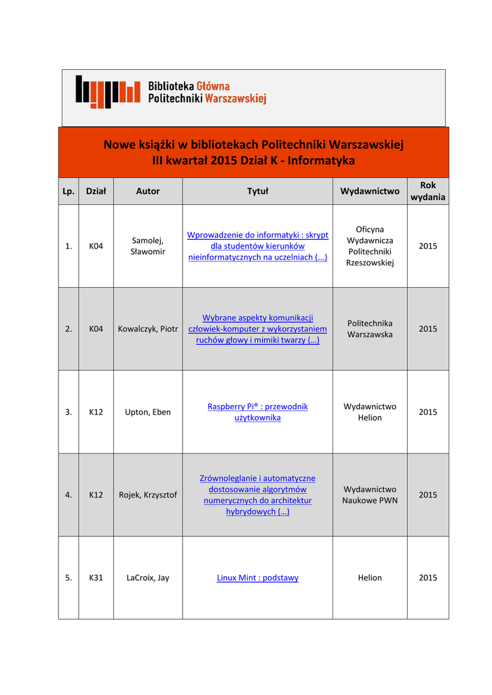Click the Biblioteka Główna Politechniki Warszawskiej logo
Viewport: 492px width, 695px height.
pyautogui.click(x=170, y=92)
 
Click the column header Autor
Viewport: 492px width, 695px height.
pyautogui.click(x=147, y=191)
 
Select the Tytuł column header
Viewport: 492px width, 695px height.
pyautogui.click(x=257, y=191)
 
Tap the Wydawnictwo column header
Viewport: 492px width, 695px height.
pyautogui.click(x=369, y=191)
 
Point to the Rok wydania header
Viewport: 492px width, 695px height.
pyautogui.click(x=428, y=191)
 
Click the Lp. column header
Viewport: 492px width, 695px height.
pyautogui.click(x=69, y=191)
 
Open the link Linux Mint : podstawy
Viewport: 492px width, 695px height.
pyautogui.click(x=257, y=578)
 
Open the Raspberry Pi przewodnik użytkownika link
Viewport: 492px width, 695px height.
pyautogui.click(x=257, y=412)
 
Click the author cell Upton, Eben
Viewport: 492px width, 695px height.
pyautogui.click(x=148, y=412)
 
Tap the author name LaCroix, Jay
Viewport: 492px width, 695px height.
pyautogui.click(x=148, y=578)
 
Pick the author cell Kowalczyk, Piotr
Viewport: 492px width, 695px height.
pyautogui.click(x=148, y=328)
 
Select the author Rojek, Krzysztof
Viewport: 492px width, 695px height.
pyautogui.click(x=148, y=495)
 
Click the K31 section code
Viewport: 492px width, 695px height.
pyautogui.click(x=96, y=578)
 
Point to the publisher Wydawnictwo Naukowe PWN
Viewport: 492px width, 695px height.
pyautogui.click(x=370, y=495)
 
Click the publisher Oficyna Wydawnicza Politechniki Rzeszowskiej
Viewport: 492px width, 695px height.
pyautogui.click(x=370, y=246)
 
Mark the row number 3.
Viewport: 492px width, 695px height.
pyautogui.click(x=69, y=412)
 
